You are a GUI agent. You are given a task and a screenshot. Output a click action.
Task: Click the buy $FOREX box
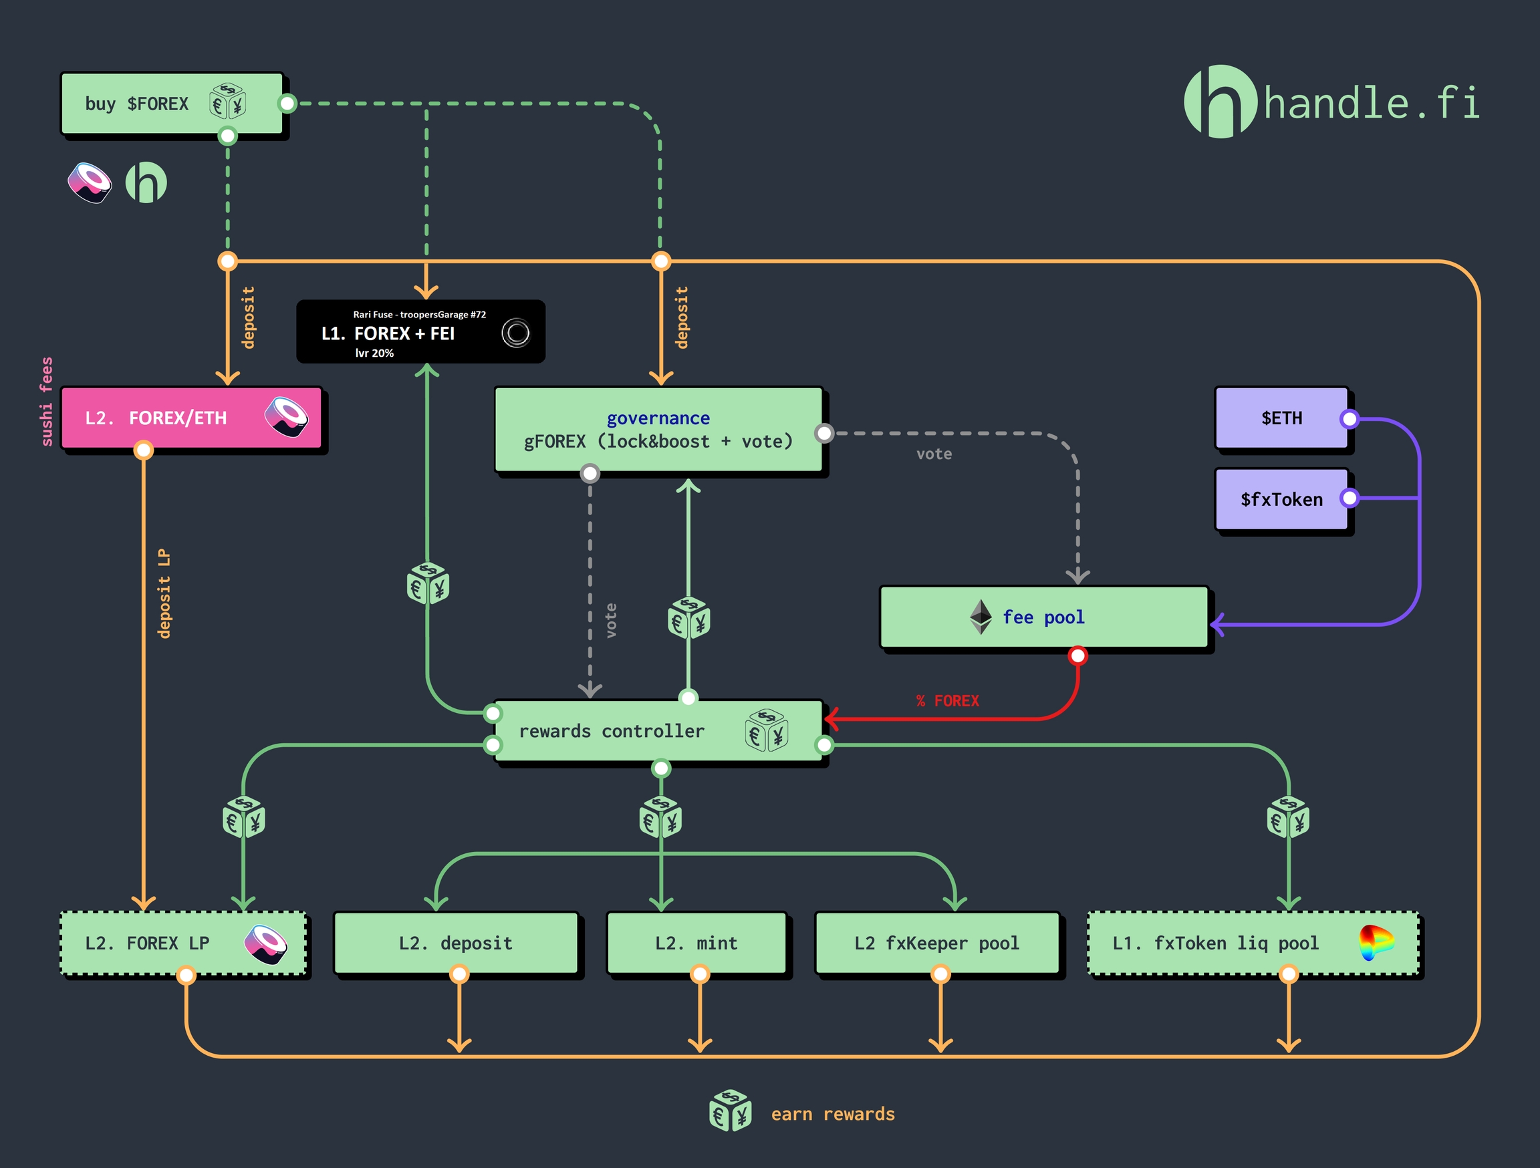(172, 104)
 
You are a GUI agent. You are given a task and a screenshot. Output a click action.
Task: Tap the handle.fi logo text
(1371, 104)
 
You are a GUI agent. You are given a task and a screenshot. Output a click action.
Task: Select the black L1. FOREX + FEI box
(420, 332)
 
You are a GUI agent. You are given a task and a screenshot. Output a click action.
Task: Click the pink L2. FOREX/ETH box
(191, 418)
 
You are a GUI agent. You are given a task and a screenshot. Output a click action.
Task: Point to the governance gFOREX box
(658, 430)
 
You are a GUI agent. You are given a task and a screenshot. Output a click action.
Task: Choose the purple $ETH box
(1281, 418)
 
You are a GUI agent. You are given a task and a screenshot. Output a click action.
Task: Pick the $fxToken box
(1281, 499)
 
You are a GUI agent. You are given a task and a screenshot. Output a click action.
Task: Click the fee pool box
(1043, 617)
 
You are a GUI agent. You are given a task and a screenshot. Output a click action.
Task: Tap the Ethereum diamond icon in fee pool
(981, 617)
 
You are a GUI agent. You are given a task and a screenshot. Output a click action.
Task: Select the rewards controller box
(658, 731)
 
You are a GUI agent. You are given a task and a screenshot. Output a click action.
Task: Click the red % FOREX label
(948, 701)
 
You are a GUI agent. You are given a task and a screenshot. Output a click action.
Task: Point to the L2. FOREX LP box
(183, 943)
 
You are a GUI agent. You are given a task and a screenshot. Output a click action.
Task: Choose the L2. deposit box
(456, 943)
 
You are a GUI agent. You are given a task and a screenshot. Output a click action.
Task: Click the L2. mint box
(696, 943)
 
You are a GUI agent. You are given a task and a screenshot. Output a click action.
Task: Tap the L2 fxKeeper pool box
(937, 943)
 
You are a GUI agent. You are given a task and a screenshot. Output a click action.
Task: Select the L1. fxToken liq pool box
(1253, 943)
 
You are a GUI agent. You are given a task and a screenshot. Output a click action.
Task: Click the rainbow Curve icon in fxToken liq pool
(1376, 942)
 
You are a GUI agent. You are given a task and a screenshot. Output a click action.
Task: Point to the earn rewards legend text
(833, 1115)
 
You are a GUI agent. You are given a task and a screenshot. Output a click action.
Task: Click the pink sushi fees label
(46, 402)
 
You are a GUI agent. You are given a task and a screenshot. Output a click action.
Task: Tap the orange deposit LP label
(164, 594)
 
